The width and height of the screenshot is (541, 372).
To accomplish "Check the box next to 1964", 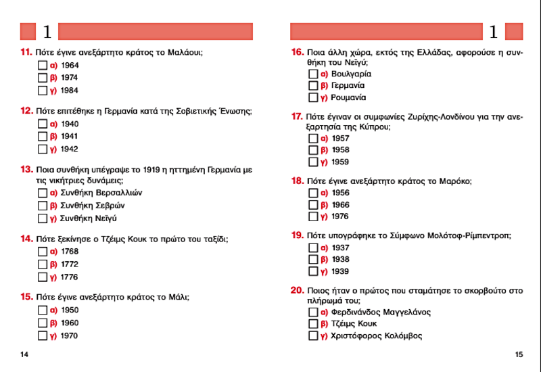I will pos(43,66).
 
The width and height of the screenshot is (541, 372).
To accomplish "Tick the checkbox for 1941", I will pos(43,137).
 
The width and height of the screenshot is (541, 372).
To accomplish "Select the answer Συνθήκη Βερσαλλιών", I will pos(43,193).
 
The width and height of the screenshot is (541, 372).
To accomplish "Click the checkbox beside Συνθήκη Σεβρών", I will pos(43,206).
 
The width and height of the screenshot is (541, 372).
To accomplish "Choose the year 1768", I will pos(43,252).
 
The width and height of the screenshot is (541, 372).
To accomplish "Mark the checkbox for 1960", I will pos(43,323).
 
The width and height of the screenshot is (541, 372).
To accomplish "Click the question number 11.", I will pos(26,53).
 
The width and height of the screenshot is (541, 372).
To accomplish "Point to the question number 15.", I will pos(26,296).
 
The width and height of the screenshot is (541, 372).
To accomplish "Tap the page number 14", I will pos(24,354).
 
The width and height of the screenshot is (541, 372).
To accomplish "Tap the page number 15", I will pos(519,354).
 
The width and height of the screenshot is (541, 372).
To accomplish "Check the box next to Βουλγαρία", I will pos(313,74).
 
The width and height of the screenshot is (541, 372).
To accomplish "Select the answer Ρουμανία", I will pos(313,98).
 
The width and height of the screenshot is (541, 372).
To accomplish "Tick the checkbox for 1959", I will pos(313,162).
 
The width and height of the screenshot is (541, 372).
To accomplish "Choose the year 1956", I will pos(313,193).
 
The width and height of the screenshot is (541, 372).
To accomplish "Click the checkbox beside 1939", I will pos(313,272).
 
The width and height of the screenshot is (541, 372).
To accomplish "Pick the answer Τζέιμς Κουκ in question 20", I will pos(313,324).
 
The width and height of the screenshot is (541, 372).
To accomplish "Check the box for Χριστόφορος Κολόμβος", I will pos(313,336).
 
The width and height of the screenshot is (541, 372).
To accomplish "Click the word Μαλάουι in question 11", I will pos(185,53).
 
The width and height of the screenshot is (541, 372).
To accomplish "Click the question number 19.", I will pos(297,235).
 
